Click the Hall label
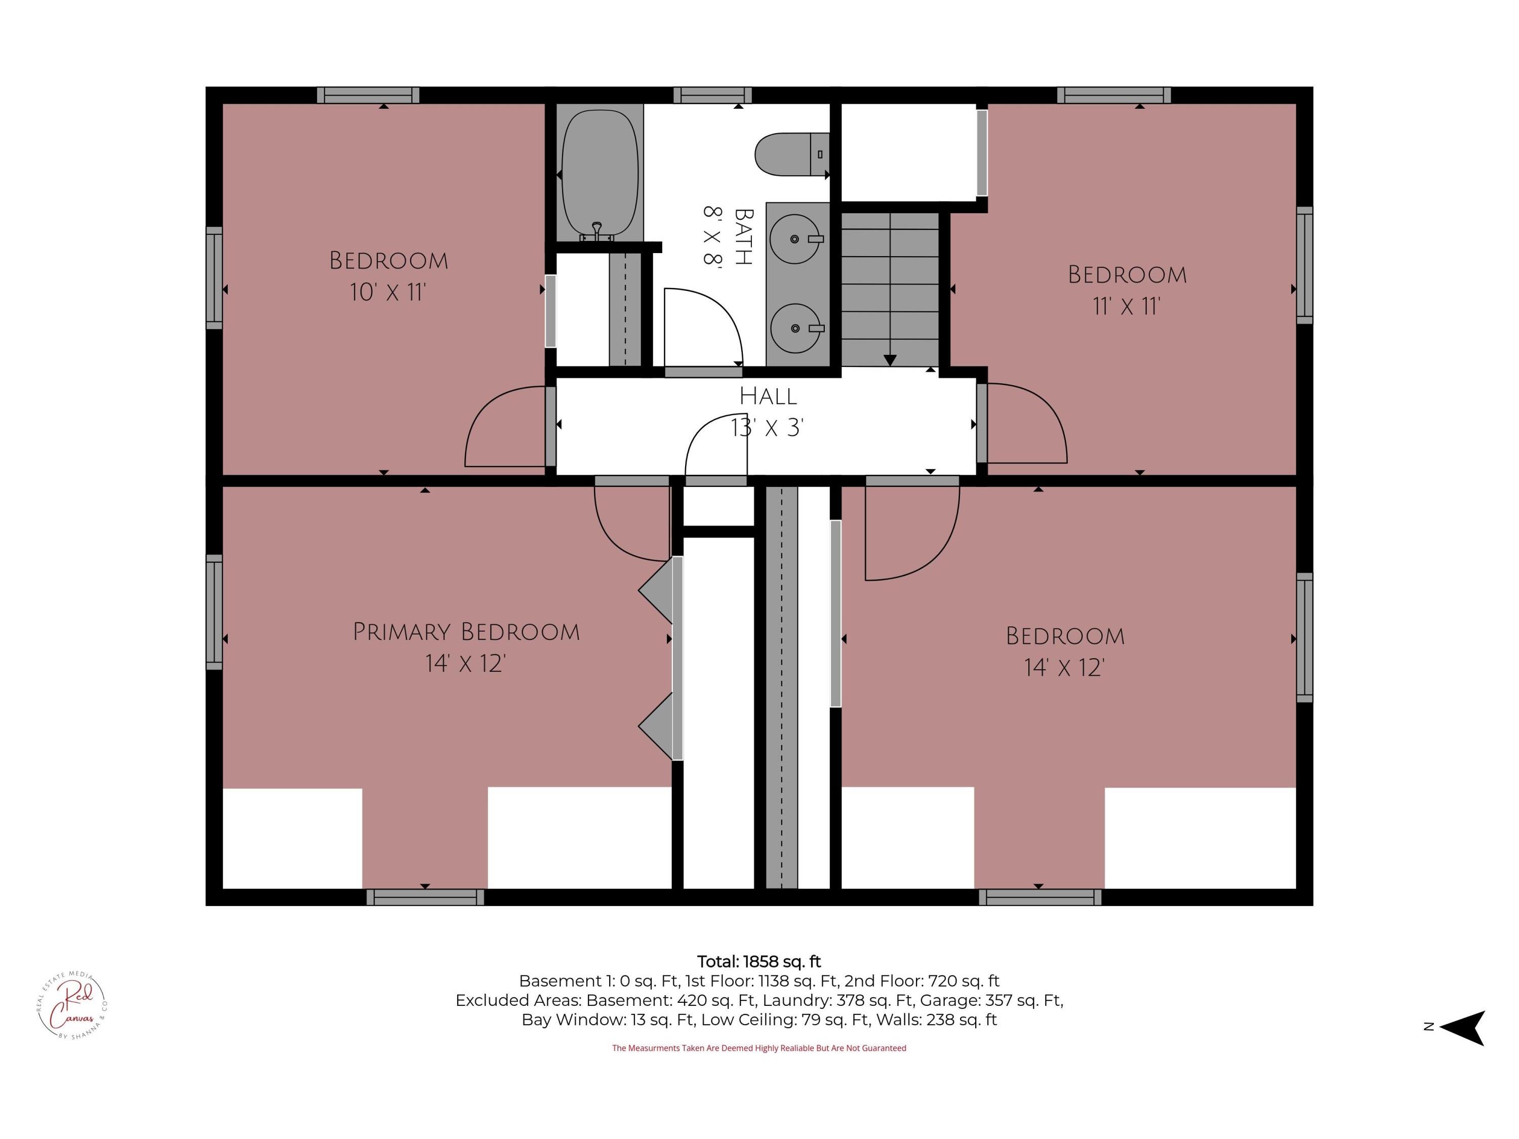768,396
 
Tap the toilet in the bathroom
790,154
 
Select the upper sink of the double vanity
795,239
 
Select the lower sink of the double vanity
795,328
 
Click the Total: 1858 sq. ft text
759,961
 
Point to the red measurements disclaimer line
759,1048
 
